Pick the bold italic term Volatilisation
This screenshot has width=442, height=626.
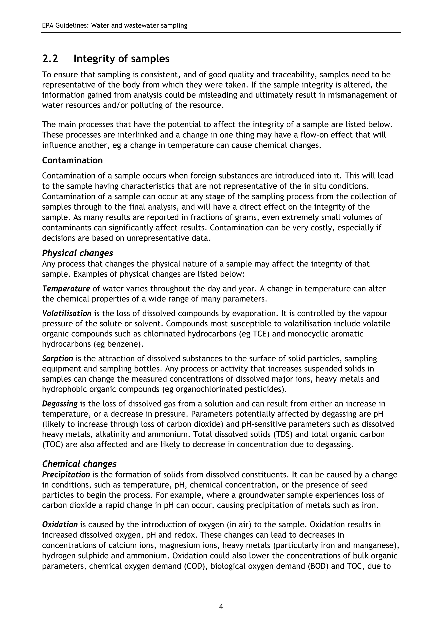tap(67, 313)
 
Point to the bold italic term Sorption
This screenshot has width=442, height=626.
tap(57, 358)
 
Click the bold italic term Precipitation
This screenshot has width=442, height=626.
tap(66, 475)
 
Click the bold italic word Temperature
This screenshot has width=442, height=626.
tap(66, 288)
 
